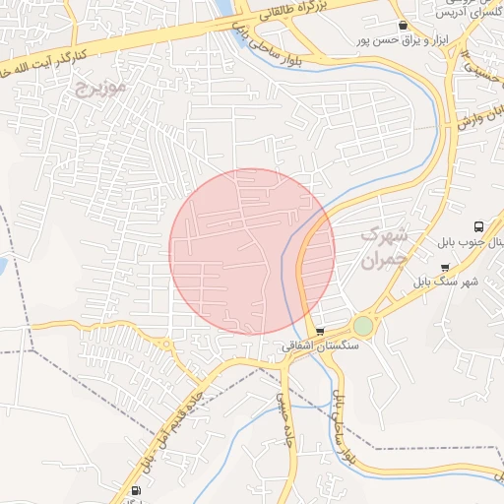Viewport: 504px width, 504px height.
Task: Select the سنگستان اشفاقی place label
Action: pyautogui.click(x=321, y=346)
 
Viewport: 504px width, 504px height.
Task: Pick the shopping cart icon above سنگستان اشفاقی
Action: pyautogui.click(x=319, y=332)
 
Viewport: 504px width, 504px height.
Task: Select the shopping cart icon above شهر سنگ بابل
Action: pyautogui.click(x=445, y=267)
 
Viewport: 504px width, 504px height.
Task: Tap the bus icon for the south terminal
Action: pyautogui.click(x=478, y=226)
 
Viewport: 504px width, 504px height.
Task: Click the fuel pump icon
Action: pyautogui.click(x=134, y=490)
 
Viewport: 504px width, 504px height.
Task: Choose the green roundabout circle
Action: pyautogui.click(x=364, y=325)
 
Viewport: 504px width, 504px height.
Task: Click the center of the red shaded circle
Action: pyautogui.click(x=252, y=251)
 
